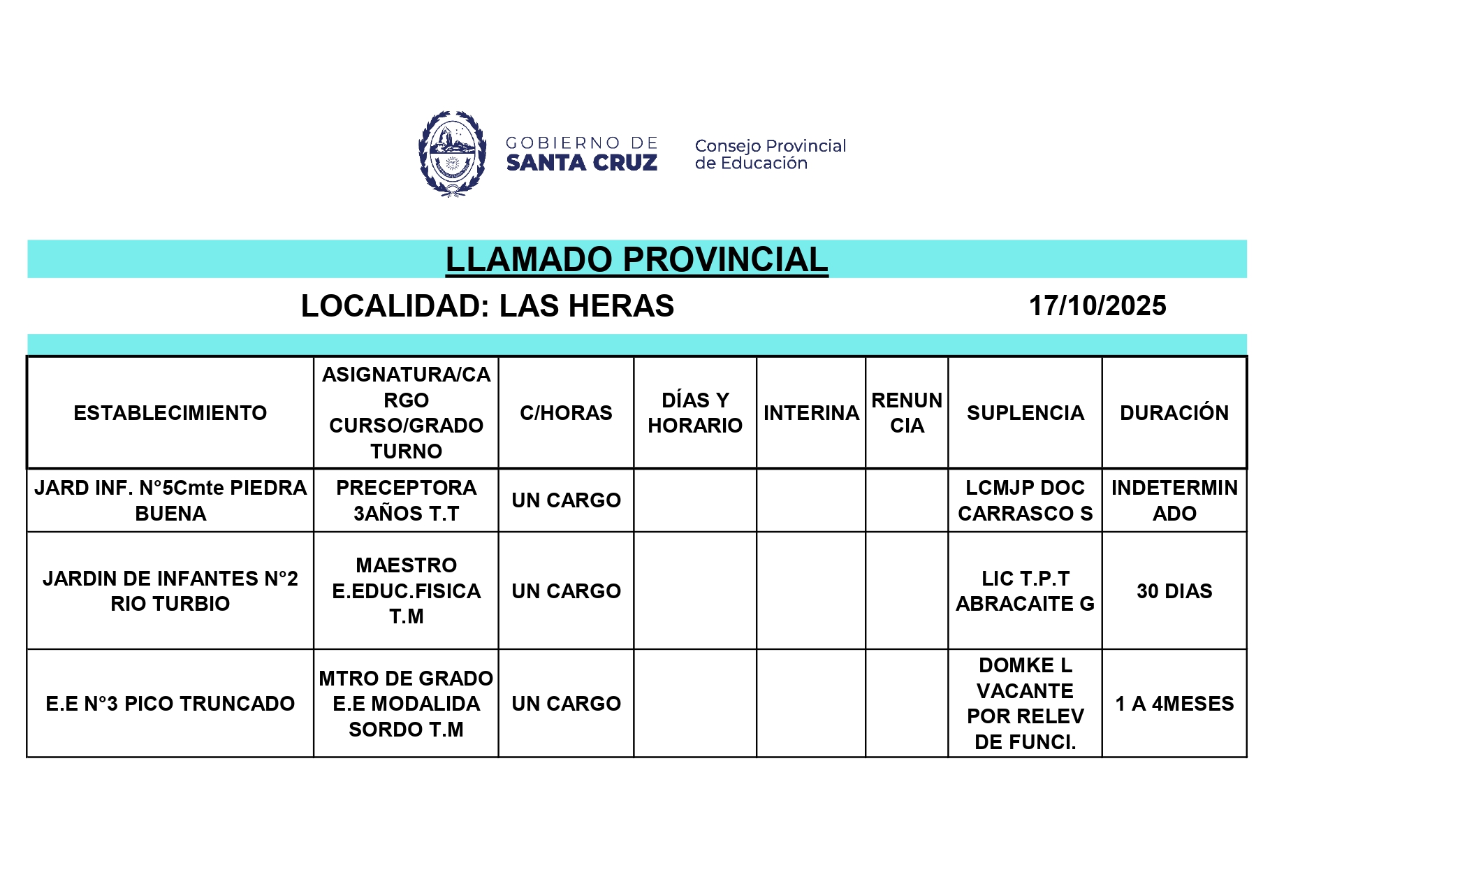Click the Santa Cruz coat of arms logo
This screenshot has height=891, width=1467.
[x=452, y=154]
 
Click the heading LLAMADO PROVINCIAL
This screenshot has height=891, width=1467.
[x=636, y=260]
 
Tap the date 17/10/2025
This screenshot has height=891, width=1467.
[x=1097, y=306]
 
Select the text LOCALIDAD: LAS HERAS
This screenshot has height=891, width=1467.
[x=487, y=306]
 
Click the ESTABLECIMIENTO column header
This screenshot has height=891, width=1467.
[x=170, y=413]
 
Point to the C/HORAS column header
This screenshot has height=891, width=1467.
[x=566, y=413]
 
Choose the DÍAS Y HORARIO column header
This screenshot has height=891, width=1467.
[x=694, y=413]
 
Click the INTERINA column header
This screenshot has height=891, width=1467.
[x=810, y=413]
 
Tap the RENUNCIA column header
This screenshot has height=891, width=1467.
[x=906, y=413]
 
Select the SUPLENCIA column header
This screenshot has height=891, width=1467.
[x=1025, y=413]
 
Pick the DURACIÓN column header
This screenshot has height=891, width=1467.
[x=1174, y=413]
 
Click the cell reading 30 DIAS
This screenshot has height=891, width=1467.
[x=1174, y=591]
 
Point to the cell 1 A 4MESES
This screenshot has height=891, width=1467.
[x=1174, y=704]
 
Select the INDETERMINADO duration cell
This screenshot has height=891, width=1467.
[x=1174, y=500]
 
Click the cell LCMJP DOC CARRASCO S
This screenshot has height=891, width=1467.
[x=1025, y=500]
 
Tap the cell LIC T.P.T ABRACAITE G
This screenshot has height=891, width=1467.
[x=1025, y=591]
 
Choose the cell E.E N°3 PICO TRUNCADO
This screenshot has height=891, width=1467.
[x=170, y=704]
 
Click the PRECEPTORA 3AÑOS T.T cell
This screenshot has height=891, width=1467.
[x=406, y=500]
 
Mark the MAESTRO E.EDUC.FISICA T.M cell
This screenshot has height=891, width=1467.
[x=406, y=591]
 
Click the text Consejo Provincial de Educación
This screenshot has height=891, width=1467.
[x=770, y=154]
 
